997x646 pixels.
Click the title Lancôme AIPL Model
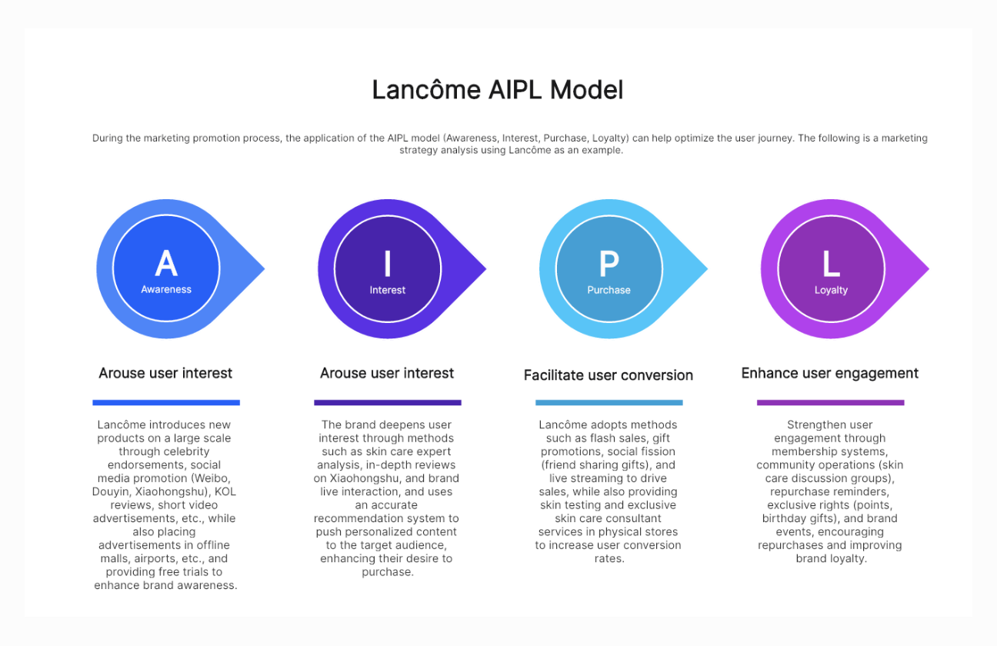tap(498, 90)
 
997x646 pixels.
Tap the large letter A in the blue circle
tap(166, 264)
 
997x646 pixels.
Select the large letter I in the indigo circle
tap(388, 264)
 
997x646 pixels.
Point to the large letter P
tap(609, 264)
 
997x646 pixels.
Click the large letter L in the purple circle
tap(831, 264)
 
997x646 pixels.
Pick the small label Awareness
tap(166, 290)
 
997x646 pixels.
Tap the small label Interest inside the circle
tap(388, 290)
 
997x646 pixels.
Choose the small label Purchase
tap(609, 290)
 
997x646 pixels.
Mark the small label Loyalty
tap(831, 290)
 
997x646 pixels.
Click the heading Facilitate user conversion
tap(609, 375)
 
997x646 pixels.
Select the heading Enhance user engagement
tap(830, 373)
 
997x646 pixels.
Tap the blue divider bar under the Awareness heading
tap(166, 402)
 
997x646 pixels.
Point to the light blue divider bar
tap(609, 402)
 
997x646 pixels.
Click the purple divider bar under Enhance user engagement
tap(830, 402)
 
